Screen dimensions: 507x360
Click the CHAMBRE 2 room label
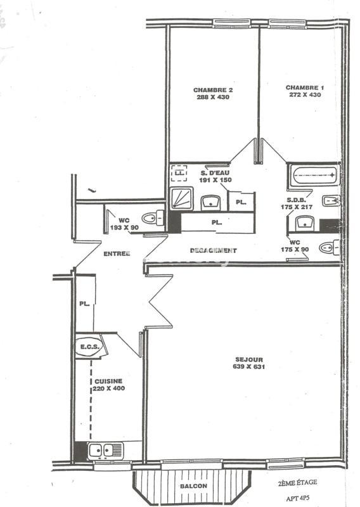click(x=212, y=90)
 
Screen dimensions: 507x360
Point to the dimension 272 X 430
click(x=304, y=95)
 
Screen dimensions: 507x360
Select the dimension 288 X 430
click(x=212, y=98)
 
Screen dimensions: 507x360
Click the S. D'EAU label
click(x=214, y=173)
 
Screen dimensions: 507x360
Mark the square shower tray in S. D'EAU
click(x=181, y=198)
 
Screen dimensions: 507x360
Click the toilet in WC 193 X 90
click(x=151, y=219)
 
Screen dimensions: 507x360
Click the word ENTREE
click(x=116, y=253)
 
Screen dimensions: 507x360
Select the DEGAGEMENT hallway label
click(x=213, y=251)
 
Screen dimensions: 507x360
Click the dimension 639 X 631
click(x=247, y=367)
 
